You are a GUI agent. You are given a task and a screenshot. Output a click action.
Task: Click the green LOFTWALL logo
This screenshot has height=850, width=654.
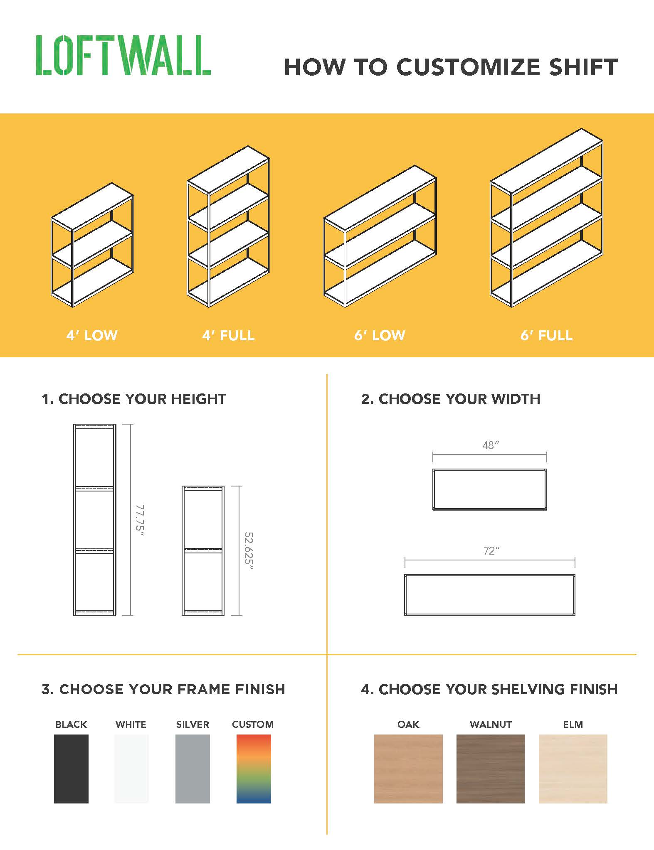pos(123,56)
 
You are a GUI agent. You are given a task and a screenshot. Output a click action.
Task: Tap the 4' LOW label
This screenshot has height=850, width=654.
pos(92,335)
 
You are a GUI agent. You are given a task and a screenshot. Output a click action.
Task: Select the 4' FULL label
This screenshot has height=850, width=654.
pos(228,335)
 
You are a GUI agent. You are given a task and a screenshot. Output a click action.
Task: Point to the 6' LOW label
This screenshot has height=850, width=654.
pos(380,335)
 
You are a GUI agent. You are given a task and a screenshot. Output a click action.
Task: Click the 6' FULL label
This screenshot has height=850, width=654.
pos(546,335)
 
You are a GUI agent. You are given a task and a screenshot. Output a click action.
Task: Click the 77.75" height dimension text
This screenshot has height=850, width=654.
pos(140,520)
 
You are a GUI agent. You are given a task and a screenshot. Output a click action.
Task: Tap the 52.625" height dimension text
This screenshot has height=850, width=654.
pos(249,550)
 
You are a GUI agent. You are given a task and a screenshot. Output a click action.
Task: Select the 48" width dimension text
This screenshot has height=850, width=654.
pos(490,445)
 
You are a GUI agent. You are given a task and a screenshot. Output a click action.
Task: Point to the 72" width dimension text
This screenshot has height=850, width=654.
pos(491,551)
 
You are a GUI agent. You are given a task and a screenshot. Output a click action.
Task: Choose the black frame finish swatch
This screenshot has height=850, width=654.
pos(71,769)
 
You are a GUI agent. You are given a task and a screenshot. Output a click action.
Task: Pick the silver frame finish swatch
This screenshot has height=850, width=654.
pos(192,769)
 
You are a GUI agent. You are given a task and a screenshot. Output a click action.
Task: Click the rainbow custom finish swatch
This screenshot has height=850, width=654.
pos(254,769)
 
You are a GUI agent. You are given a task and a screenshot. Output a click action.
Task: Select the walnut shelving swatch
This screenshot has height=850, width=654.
pos(491,769)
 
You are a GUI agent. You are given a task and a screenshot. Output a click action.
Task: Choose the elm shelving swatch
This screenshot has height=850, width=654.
pos(573,769)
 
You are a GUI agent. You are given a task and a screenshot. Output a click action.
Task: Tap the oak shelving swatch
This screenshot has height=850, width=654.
pos(408,769)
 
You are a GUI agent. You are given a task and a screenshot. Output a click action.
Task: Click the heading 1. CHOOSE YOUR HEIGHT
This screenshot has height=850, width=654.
pos(133,399)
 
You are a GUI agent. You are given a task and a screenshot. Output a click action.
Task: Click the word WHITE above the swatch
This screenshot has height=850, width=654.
pos(131,725)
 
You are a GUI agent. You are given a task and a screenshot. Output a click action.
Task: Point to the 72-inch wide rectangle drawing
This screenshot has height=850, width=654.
pos(490,595)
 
